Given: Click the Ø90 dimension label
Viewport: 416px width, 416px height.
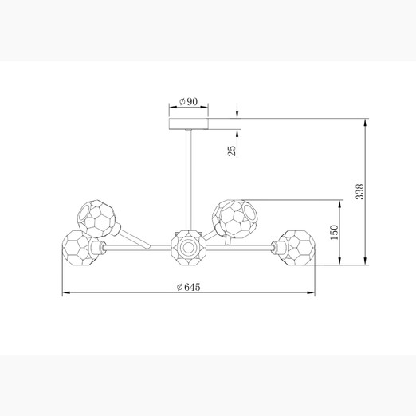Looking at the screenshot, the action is coord(188,101).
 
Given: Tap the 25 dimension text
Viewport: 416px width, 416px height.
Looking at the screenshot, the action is coord(232,151).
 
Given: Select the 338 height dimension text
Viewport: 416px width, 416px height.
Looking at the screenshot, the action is coord(359,191).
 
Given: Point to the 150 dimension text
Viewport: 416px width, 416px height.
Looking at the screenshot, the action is coord(334,232).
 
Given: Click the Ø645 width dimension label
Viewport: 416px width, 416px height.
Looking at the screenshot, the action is coord(188,287).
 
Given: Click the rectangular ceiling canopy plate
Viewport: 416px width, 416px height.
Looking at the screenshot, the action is coord(189,124).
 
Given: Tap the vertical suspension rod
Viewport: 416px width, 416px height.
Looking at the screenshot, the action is coord(189,180).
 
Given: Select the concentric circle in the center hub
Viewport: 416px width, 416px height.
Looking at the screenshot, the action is coord(188,248).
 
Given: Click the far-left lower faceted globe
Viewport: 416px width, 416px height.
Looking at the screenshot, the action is coord(80,248).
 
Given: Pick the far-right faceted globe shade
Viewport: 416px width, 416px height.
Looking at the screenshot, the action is coord(297,248).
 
